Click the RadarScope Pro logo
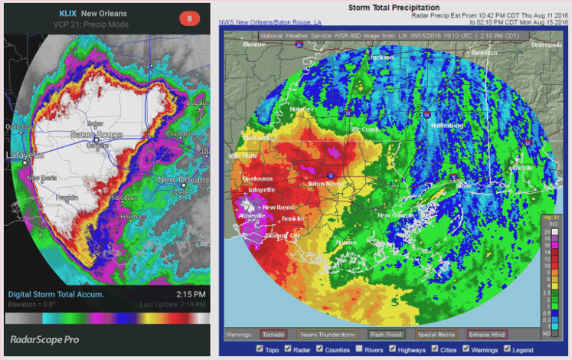tap(44, 338)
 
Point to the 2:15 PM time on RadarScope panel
tap(190, 294)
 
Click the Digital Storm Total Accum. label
tap(56, 294)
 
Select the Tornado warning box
tap(273, 334)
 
